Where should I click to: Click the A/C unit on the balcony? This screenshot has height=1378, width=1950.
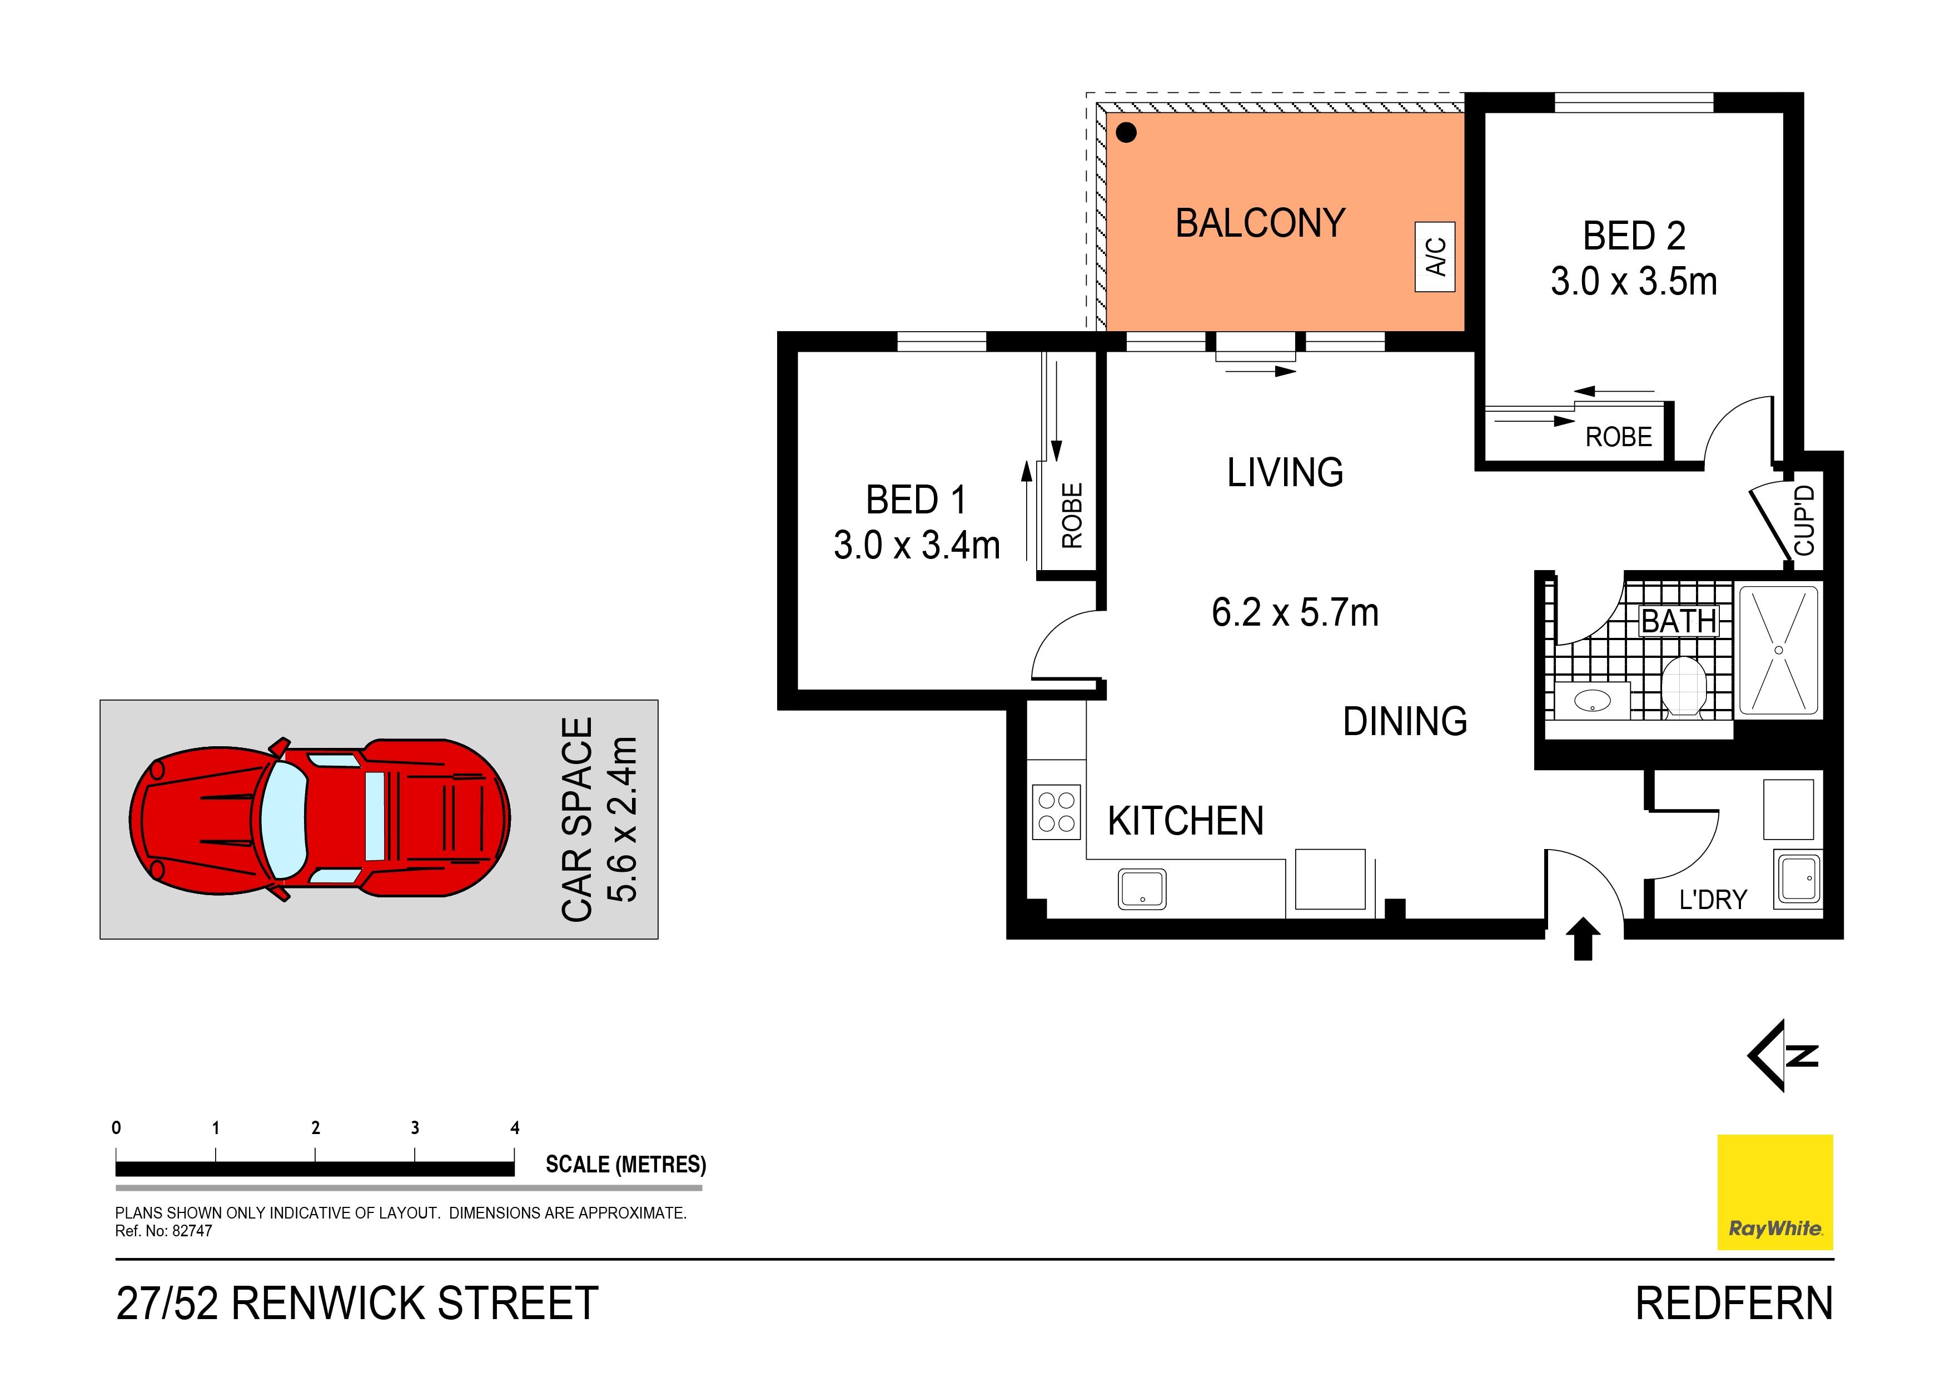(x=1435, y=256)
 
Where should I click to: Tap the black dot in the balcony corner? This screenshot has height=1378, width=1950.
(x=1126, y=132)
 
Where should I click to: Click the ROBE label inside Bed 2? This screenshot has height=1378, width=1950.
(x=1618, y=437)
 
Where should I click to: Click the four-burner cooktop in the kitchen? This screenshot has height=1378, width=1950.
(x=1057, y=812)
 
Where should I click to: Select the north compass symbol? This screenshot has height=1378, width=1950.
(x=1784, y=1055)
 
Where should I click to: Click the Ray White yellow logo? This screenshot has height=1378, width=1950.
(x=1774, y=1191)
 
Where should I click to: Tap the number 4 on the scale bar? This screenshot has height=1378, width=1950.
(x=515, y=1127)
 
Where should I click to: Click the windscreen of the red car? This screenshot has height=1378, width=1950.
(x=283, y=820)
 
